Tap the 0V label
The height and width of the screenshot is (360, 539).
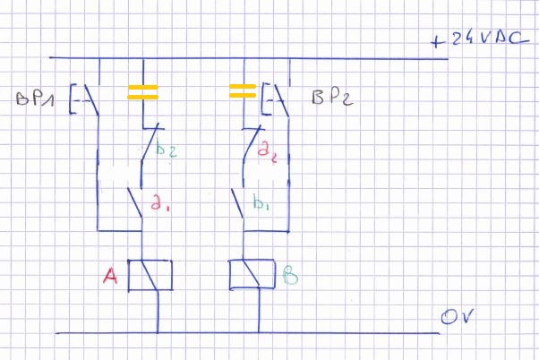pos(457,317)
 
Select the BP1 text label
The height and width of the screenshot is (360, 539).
pos(34,99)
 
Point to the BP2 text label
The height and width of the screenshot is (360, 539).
pos(330,98)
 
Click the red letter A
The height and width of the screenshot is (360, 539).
pos(111,279)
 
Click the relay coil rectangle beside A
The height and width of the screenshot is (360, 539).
pos(150,275)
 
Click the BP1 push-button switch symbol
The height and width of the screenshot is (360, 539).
pos(88,99)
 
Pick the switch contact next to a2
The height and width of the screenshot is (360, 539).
pos(247,146)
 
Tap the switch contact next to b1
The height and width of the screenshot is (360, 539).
pos(240,203)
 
